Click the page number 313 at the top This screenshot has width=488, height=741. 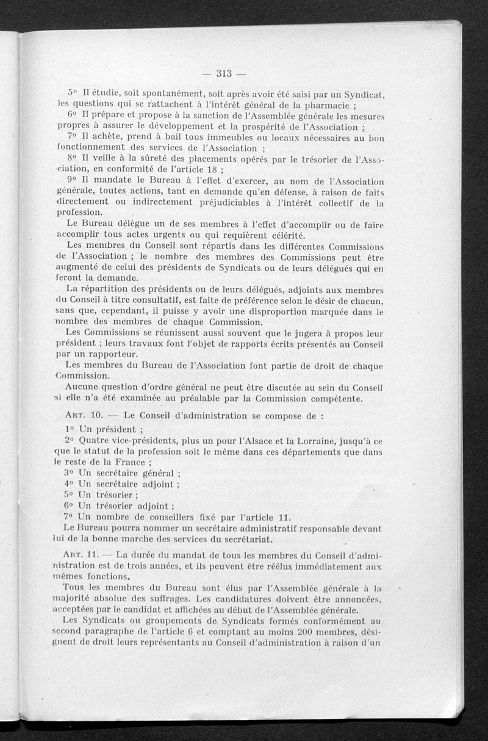(224, 74)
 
